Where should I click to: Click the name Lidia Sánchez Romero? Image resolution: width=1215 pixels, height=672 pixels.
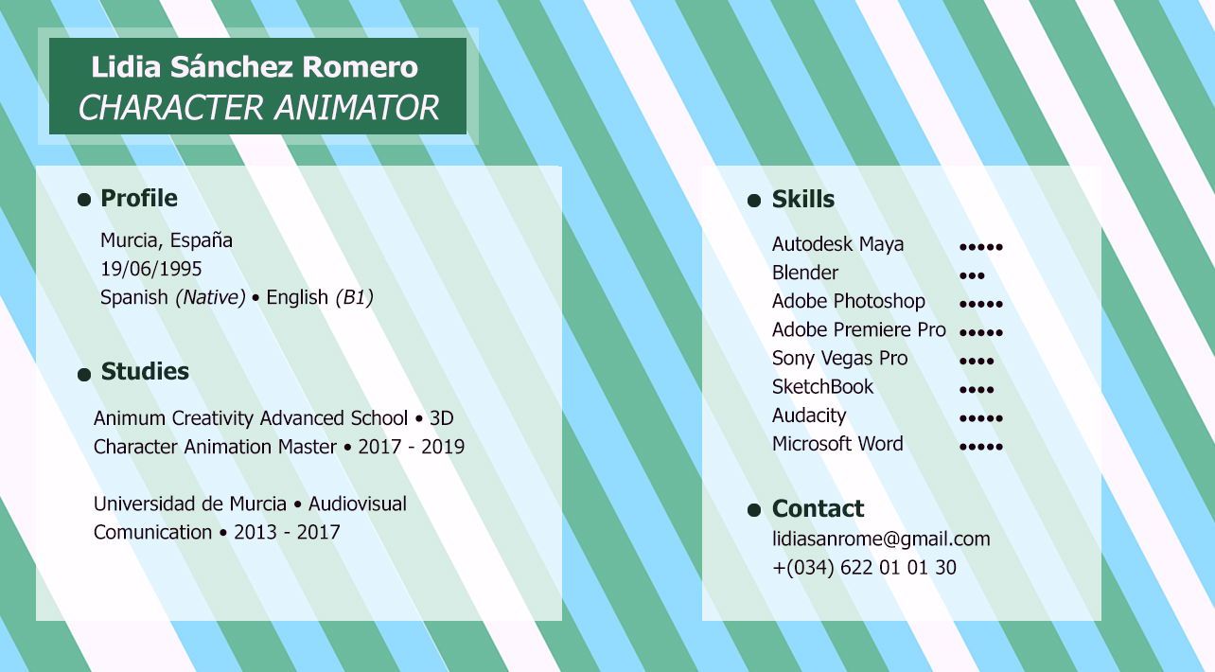coord(255,67)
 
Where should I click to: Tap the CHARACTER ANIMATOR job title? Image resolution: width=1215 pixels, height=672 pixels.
coord(258,107)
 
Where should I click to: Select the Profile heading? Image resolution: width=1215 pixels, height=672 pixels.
coord(139,199)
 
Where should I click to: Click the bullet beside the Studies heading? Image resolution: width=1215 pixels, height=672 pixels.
coord(84,374)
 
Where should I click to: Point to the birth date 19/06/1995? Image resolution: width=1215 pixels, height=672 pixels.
coord(150,269)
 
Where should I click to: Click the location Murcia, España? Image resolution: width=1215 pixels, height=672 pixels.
coord(167,240)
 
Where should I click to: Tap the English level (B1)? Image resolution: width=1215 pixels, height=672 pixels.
coord(354,298)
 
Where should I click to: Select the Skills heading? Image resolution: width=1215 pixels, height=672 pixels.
coord(802,199)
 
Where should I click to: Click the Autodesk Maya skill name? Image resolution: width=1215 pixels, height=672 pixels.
coord(837,244)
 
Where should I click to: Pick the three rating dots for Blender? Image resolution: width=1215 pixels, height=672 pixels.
coord(972,275)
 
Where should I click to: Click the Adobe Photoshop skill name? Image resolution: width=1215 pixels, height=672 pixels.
coord(849,301)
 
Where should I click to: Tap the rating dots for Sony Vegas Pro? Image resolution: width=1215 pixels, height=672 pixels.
coord(977,362)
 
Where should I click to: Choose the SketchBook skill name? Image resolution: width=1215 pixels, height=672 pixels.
coord(822,387)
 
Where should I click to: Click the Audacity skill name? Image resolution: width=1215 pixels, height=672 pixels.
coord(809,416)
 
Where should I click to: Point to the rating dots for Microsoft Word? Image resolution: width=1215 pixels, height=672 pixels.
coord(980,447)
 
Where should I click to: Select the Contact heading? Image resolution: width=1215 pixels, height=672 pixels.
coord(818,509)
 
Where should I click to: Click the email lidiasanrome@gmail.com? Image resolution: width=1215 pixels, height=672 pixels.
coord(881,539)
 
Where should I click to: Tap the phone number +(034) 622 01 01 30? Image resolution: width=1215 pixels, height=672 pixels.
coord(864,568)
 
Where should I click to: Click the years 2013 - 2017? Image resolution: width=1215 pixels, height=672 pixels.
coord(287,533)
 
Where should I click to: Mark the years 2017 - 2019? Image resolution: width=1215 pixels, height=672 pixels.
coord(411,447)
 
